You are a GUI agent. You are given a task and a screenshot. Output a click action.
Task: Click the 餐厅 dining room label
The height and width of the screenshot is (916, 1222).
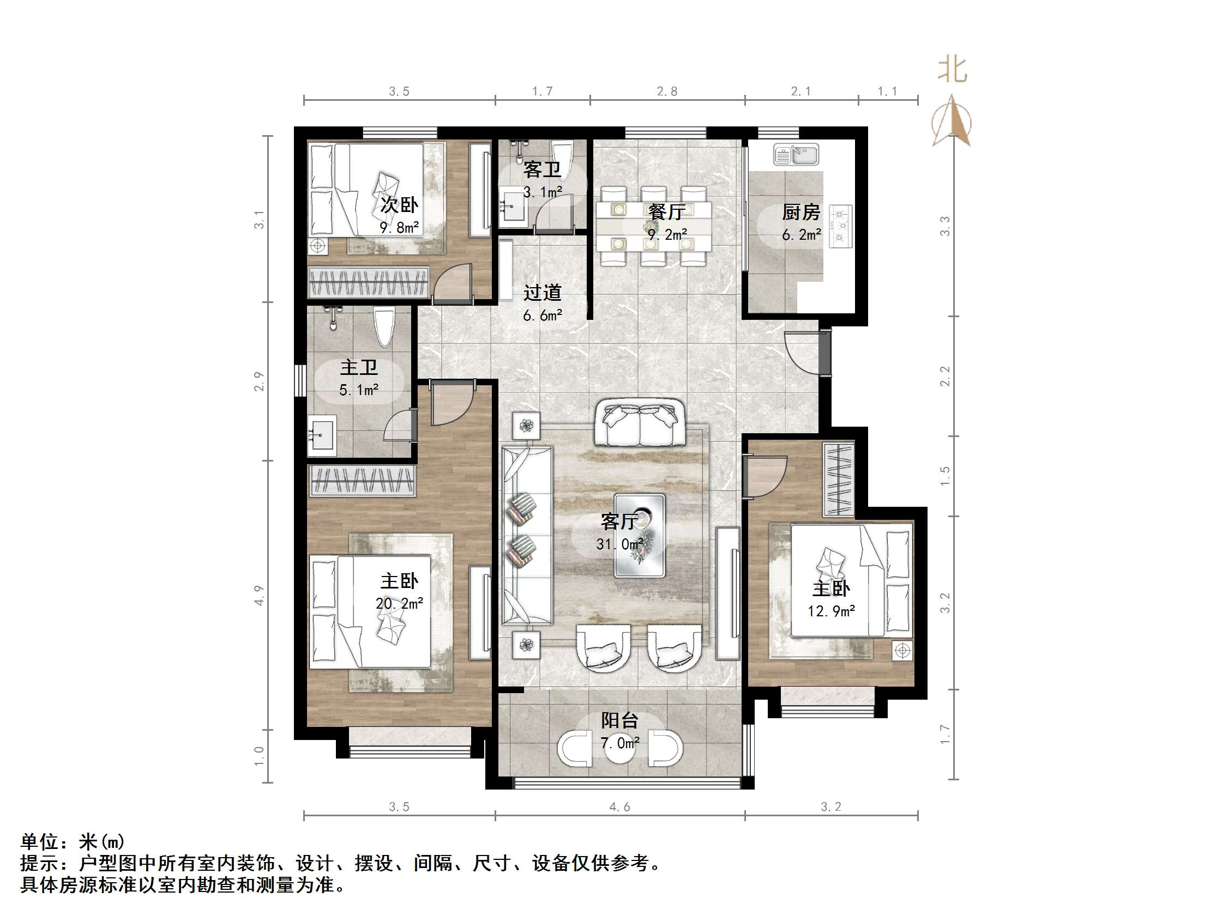[x=667, y=212]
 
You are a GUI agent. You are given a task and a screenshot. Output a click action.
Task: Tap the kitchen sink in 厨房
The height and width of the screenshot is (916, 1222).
[x=796, y=155]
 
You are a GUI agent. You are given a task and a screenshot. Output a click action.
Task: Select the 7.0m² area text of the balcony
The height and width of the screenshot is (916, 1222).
[x=620, y=743]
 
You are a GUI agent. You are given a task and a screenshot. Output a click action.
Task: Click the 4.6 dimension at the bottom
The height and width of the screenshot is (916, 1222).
[x=619, y=806]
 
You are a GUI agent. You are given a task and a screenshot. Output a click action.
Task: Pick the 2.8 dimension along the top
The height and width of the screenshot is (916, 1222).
[x=667, y=92]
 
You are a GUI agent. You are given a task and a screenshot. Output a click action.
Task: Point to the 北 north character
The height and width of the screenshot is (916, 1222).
[x=952, y=71]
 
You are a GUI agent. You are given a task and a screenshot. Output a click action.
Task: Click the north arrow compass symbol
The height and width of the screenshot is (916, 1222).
[x=952, y=122]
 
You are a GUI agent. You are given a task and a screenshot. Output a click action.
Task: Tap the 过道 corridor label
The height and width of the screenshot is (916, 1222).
[x=543, y=292]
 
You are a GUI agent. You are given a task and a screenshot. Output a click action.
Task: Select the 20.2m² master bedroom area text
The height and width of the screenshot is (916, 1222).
[x=399, y=603]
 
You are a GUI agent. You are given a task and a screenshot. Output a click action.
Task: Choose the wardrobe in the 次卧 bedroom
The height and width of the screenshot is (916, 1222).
[x=369, y=282]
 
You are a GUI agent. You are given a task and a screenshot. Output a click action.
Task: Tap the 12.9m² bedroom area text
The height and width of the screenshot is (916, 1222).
[x=831, y=611]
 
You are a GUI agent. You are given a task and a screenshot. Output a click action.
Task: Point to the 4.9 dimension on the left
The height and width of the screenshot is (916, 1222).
[x=259, y=595]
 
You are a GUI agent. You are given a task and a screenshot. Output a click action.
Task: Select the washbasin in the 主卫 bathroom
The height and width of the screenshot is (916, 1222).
[x=322, y=435]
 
